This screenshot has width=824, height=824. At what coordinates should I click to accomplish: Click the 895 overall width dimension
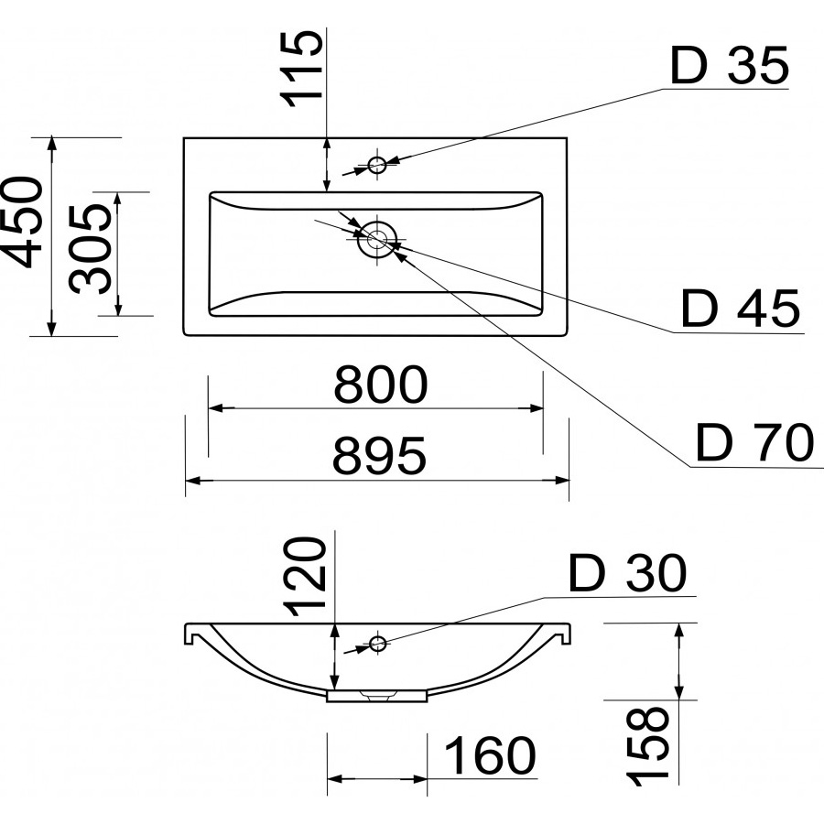coord(379,455)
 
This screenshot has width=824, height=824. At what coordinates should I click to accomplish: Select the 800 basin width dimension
coord(379,385)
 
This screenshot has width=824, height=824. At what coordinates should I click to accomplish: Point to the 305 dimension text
coord(92,246)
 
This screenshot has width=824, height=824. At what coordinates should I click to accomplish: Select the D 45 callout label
coord(741,309)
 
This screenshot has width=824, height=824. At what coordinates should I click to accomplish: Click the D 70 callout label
coord(754,444)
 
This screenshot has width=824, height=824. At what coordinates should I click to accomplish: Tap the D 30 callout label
coord(626,574)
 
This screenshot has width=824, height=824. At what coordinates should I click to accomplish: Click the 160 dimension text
coord(489,756)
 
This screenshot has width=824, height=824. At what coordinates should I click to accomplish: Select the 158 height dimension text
coord(649,746)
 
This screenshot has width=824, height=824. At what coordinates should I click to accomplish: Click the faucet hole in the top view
coord(377,165)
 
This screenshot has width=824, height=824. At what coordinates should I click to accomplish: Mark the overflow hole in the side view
coord(376,642)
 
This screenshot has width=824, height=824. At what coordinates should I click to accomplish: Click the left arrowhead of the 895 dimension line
coord(193,479)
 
